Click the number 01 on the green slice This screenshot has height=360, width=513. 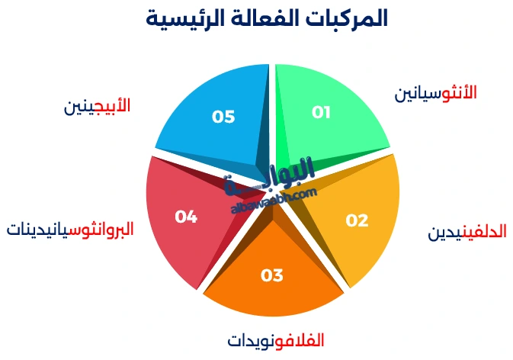click(x=322, y=112)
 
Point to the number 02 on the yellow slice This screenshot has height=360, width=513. click(x=357, y=220)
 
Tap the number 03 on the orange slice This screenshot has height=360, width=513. click(x=272, y=275)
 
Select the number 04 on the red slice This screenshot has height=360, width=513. click(x=186, y=217)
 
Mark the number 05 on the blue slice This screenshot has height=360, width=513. click(x=223, y=117)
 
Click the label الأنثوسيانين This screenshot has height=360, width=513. click(x=435, y=93)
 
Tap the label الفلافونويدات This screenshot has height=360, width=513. click(x=277, y=340)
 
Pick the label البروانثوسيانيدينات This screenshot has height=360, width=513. click(x=70, y=229)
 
